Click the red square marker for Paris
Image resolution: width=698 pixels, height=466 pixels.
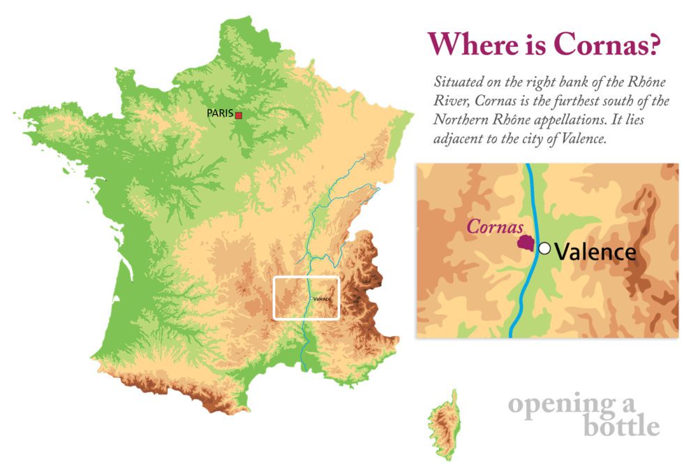tap(238, 115)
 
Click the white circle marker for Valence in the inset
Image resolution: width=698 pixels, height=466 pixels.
tap(545, 248)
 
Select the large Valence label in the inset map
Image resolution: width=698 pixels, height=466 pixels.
tap(595, 252)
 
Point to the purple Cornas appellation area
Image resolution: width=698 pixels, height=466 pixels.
tap(526, 243)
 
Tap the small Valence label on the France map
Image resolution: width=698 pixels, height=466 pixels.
tap(322, 299)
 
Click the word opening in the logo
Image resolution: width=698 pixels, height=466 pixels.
tap(551, 405)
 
